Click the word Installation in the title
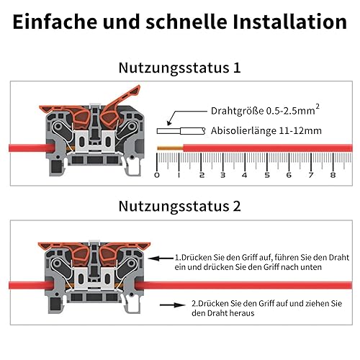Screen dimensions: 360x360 (289, 22)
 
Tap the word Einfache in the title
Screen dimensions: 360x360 (55, 22)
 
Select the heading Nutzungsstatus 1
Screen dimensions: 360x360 (179, 68)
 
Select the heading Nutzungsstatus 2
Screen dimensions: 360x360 (179, 206)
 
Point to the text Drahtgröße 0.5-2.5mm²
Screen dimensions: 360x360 (265, 110)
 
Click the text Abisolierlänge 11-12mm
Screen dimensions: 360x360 (266, 131)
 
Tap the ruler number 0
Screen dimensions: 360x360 (157, 175)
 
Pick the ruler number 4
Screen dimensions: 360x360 (245, 175)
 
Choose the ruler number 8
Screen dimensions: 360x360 (333, 175)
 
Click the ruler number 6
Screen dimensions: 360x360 (289, 175)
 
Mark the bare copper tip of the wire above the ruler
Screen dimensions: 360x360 (170, 148)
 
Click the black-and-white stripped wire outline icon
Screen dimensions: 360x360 (181, 131)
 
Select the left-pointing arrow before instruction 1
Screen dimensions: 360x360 (161, 258)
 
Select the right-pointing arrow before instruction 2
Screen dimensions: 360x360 (172, 305)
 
